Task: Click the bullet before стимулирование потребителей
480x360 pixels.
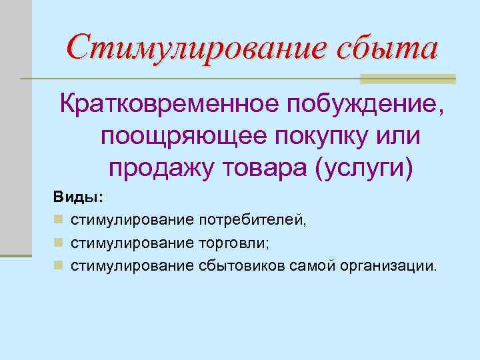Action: point(59,220)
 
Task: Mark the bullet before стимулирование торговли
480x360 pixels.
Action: point(59,243)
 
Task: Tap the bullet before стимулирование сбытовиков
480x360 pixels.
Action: point(59,267)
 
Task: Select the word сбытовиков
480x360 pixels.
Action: point(242,267)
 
